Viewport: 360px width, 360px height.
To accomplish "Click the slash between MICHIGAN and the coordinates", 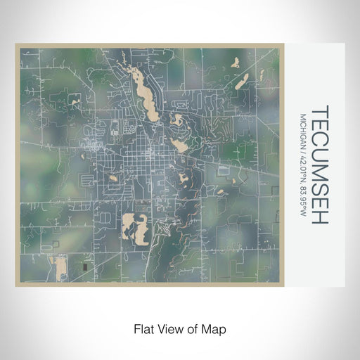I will [303, 144].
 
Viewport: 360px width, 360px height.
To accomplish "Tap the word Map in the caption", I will [216, 328].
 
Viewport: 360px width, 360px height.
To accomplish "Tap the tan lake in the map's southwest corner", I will [58, 266].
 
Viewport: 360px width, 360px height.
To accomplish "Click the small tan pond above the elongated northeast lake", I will [235, 62].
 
